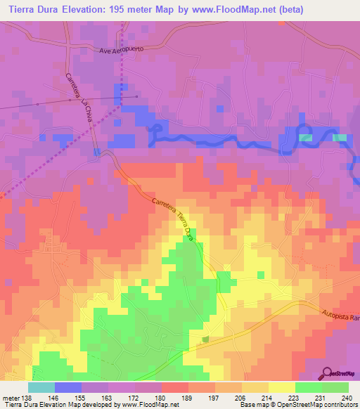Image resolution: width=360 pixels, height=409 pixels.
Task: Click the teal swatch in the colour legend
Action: tap(41, 387)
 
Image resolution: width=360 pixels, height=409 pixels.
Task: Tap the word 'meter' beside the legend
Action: tap(9, 398)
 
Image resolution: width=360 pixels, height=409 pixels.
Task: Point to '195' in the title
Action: tap(133, 10)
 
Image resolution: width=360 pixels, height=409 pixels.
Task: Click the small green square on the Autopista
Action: tap(205, 339)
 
